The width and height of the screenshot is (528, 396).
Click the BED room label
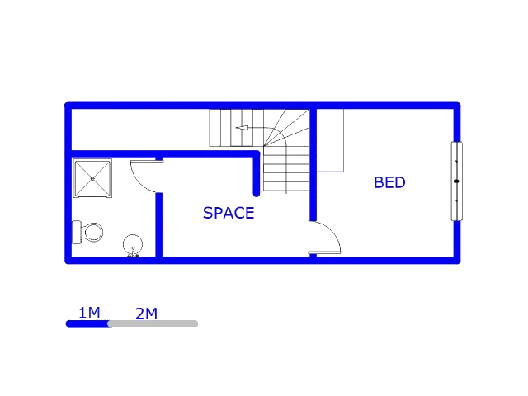[x=389, y=182]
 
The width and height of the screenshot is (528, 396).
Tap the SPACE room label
[x=229, y=213]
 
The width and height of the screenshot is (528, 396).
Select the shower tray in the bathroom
[x=92, y=178]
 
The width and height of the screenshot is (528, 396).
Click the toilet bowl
[x=93, y=232]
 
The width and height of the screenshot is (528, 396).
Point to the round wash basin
[x=133, y=244]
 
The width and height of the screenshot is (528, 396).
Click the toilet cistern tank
[x=77, y=232]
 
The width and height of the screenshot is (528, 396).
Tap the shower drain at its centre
[x=92, y=178]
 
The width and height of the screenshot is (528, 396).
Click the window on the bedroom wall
[x=456, y=181]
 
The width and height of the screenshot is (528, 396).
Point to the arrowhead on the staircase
[x=242, y=128]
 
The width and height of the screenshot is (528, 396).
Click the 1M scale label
[x=89, y=313]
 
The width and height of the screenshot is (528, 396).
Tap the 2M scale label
[x=146, y=313]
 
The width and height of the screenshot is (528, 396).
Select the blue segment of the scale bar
[x=87, y=323]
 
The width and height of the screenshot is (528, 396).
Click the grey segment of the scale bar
[x=153, y=323]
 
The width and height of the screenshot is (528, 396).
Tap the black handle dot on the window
[x=456, y=181]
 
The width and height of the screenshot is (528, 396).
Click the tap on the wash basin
[x=133, y=254]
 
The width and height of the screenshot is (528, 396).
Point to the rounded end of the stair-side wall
[x=257, y=194]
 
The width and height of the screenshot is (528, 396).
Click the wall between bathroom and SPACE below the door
[x=159, y=225]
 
